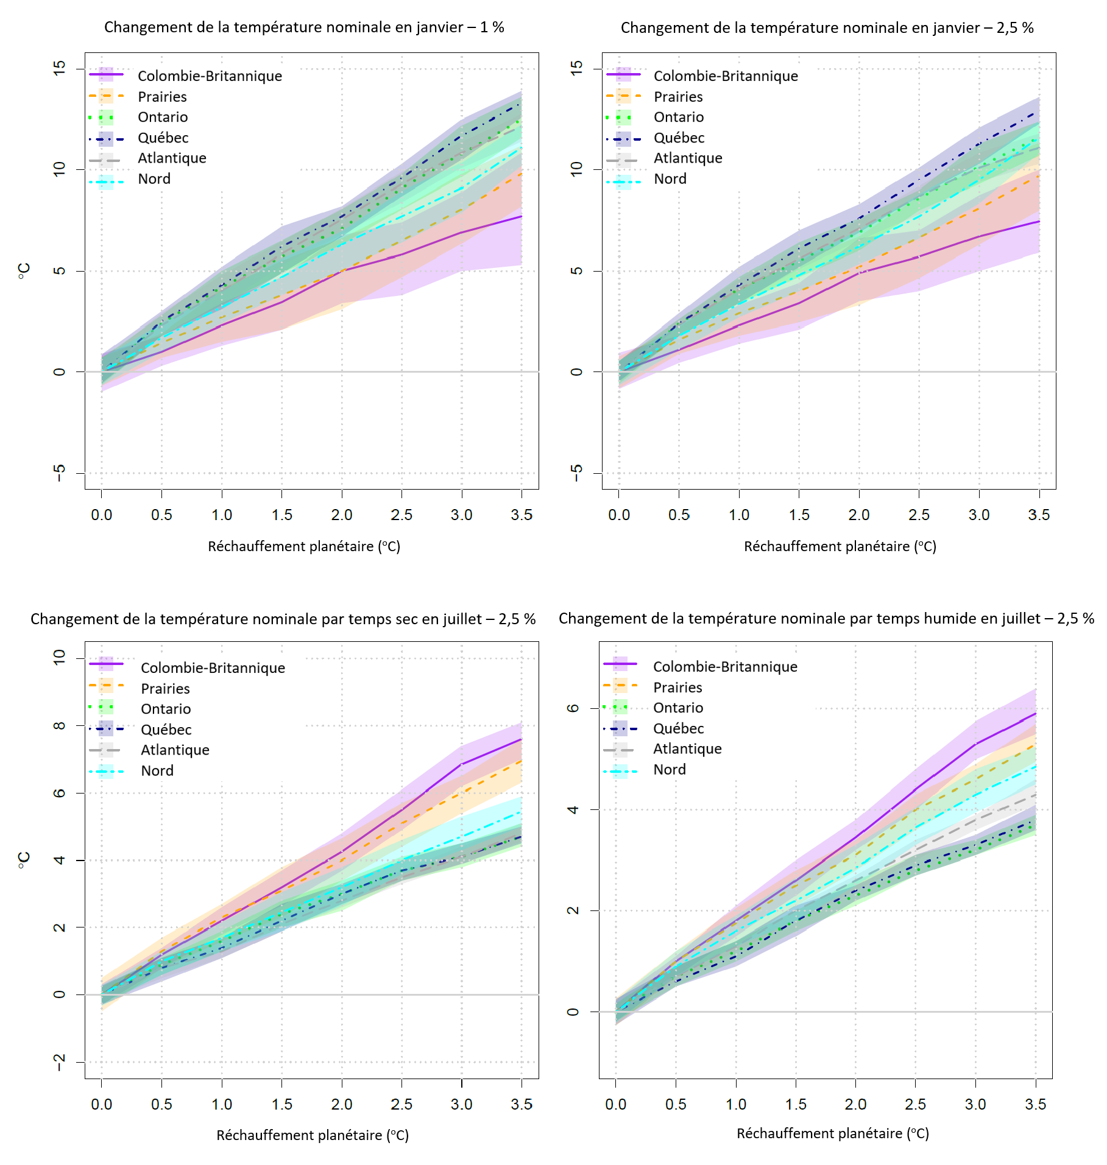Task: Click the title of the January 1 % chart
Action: coord(304,27)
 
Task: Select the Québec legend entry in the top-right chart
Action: coord(679,138)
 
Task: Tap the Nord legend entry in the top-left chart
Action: coord(154,179)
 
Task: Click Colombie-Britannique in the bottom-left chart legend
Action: coord(213,668)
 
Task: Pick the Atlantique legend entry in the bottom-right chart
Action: coord(687,749)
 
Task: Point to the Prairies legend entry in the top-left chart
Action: coord(162,97)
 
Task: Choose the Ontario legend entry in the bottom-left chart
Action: coord(166,709)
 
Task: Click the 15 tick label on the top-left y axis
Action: coord(59,68)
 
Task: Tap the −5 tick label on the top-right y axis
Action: coord(576,472)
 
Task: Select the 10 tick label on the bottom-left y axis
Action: coord(59,657)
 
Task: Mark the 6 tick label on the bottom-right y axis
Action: coord(573,708)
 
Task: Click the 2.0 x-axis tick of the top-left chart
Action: coord(342,515)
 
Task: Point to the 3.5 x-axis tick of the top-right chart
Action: coord(1039,515)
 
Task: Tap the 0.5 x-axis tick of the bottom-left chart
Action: coord(161,1105)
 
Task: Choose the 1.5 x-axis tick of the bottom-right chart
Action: coord(796,1105)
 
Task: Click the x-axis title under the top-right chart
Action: coord(840,547)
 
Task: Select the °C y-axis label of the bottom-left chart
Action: coord(24,860)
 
